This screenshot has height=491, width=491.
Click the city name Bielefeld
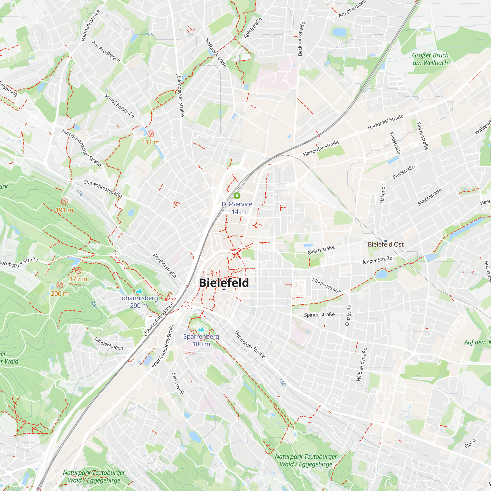click(x=224, y=283)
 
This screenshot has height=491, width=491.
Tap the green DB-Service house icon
click(x=237, y=195)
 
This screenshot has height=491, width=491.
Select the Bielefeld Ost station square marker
click(x=385, y=241)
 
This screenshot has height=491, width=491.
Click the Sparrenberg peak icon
click(x=201, y=330)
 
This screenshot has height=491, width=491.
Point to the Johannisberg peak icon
click(x=139, y=291)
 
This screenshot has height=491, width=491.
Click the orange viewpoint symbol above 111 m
click(x=151, y=134)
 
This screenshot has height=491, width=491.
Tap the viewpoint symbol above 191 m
click(x=64, y=202)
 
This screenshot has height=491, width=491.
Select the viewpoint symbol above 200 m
click(x=60, y=285)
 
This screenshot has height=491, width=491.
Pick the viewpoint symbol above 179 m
click(x=78, y=270)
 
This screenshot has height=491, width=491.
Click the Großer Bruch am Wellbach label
click(x=430, y=59)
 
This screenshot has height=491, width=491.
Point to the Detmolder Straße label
click(x=250, y=344)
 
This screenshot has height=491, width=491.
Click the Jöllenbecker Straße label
click(x=180, y=95)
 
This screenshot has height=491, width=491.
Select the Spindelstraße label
click(x=319, y=315)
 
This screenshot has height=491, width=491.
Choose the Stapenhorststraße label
click(x=103, y=189)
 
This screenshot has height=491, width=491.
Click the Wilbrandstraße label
click(x=362, y=364)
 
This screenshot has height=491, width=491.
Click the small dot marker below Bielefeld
click(x=224, y=289)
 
